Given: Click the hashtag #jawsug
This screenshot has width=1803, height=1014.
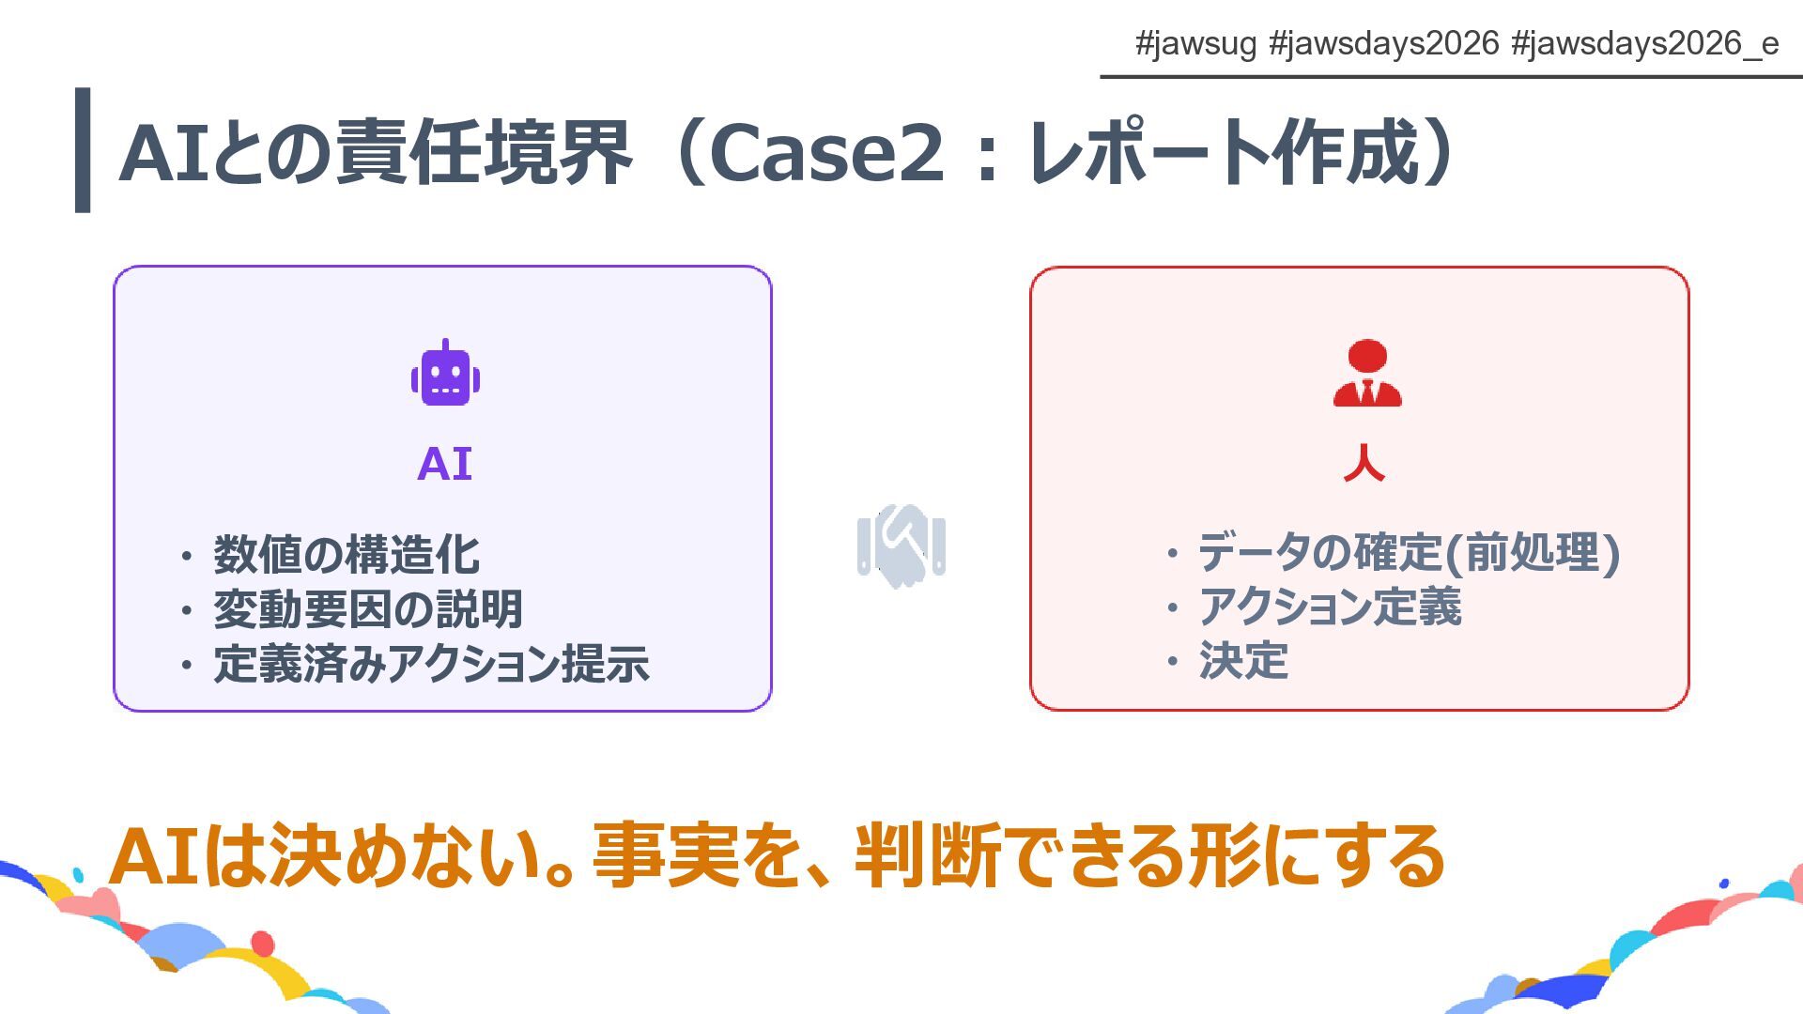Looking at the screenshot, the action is (x=1194, y=44).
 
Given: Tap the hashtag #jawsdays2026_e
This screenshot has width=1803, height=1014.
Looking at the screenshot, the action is (x=1644, y=44).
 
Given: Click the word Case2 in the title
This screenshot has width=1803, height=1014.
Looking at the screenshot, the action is (x=825, y=152).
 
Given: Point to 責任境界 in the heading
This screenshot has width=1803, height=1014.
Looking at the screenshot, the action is (x=484, y=152).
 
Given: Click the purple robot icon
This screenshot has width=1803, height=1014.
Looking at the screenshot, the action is (x=445, y=374).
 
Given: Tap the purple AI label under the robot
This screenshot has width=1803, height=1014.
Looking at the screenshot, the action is (x=444, y=464).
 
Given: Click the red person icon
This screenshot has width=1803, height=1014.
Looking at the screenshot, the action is (x=1366, y=374).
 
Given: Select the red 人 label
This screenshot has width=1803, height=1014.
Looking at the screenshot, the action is (x=1364, y=464).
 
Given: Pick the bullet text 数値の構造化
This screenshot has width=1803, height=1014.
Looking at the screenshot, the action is (x=347, y=554).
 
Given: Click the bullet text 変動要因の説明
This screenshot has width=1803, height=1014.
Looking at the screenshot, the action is (x=367, y=608).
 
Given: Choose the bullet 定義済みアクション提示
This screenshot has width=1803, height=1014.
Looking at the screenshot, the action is (x=431, y=663).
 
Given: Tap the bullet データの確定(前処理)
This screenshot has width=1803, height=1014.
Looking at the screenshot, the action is (x=1409, y=552).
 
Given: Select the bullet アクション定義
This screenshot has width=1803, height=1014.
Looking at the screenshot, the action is (x=1330, y=607).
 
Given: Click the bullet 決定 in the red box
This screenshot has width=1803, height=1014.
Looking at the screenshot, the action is (x=1243, y=660).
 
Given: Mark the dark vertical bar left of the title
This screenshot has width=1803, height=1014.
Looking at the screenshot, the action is (x=83, y=150).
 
